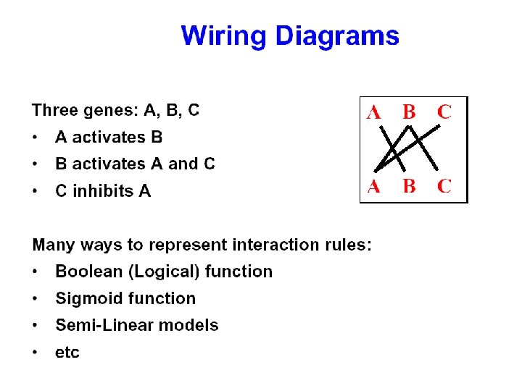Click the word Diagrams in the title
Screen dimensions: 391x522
[337, 35]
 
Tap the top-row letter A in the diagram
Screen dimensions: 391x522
[374, 112]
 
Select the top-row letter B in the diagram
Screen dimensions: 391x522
[409, 112]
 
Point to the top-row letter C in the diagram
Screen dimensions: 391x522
[444, 112]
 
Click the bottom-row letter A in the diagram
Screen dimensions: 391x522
[374, 186]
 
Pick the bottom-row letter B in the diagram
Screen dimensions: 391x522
[409, 186]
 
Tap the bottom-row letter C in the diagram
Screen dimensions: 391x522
[444, 186]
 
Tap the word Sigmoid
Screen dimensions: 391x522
[85, 298]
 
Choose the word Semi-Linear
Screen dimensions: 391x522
[104, 325]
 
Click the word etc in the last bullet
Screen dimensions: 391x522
[67, 353]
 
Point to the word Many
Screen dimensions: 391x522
[51, 245]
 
